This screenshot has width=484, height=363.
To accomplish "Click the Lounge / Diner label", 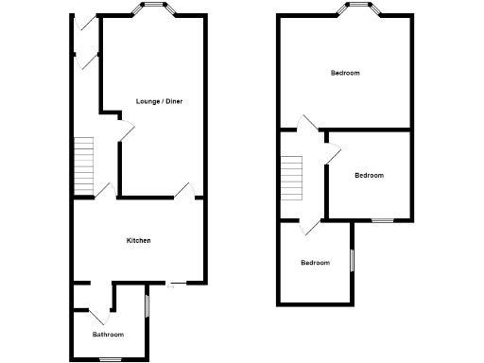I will coord(159,101).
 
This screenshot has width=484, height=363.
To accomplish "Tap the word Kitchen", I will coord(139,240).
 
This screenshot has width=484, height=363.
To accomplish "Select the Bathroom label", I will coord(108,335).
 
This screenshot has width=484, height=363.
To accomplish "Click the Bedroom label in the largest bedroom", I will coord(344,73).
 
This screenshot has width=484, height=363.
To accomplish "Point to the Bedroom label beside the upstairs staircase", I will coord(369,175).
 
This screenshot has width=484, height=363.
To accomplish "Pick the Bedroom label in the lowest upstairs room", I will coord(315,263).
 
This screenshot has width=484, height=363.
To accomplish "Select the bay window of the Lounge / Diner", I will coord(154,10).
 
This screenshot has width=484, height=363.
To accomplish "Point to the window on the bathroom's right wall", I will coord(148,305).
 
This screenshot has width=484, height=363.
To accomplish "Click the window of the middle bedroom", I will coord(382,220).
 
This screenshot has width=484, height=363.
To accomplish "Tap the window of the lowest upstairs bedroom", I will coord(352,259).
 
